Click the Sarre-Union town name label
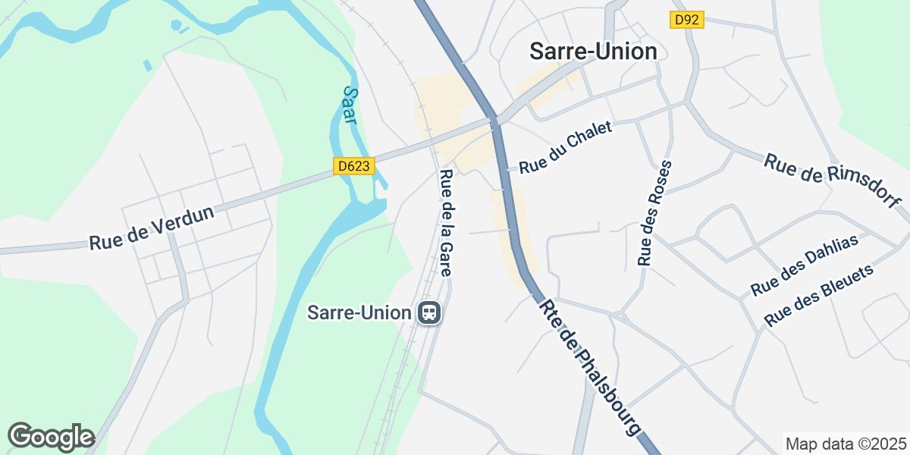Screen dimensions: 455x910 (593, 51)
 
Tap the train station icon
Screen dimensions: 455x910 (429, 312)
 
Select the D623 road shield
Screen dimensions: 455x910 (353, 165)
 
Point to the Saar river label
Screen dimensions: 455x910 (350, 105)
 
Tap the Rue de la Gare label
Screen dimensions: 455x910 (447, 222)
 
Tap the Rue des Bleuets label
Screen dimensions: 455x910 (819, 295)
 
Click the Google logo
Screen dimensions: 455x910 (51, 437)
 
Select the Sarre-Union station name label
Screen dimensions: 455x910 (359, 312)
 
